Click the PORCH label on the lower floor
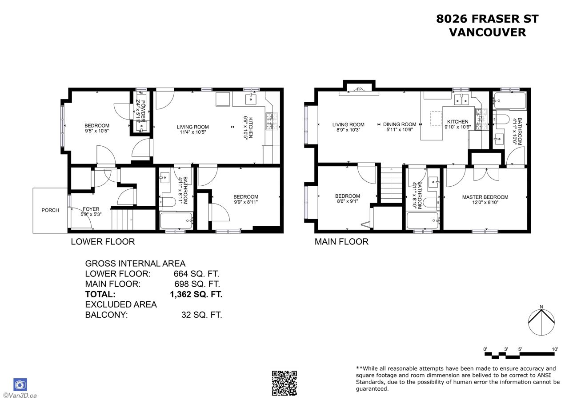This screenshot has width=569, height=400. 50,210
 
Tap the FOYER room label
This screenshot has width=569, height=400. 91,209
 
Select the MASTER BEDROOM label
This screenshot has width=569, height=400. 485,197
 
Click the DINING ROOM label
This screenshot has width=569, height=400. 400,124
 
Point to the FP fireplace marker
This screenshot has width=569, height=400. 359,89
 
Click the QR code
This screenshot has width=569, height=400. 284,383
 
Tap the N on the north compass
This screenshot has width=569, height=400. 541,307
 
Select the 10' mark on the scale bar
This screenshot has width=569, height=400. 555,349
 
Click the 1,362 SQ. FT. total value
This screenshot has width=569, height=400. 196,294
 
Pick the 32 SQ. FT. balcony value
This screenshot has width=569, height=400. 202,315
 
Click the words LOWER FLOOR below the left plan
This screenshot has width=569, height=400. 103,241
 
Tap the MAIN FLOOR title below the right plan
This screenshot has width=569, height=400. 341,241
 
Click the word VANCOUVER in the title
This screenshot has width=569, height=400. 488,32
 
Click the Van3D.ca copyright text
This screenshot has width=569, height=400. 20,396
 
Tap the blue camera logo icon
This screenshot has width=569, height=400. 20,385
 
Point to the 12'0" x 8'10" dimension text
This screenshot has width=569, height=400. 485,202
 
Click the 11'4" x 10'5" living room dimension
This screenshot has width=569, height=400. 193,132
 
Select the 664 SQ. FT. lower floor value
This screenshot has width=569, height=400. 196,274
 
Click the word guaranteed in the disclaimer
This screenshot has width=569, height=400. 372,389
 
